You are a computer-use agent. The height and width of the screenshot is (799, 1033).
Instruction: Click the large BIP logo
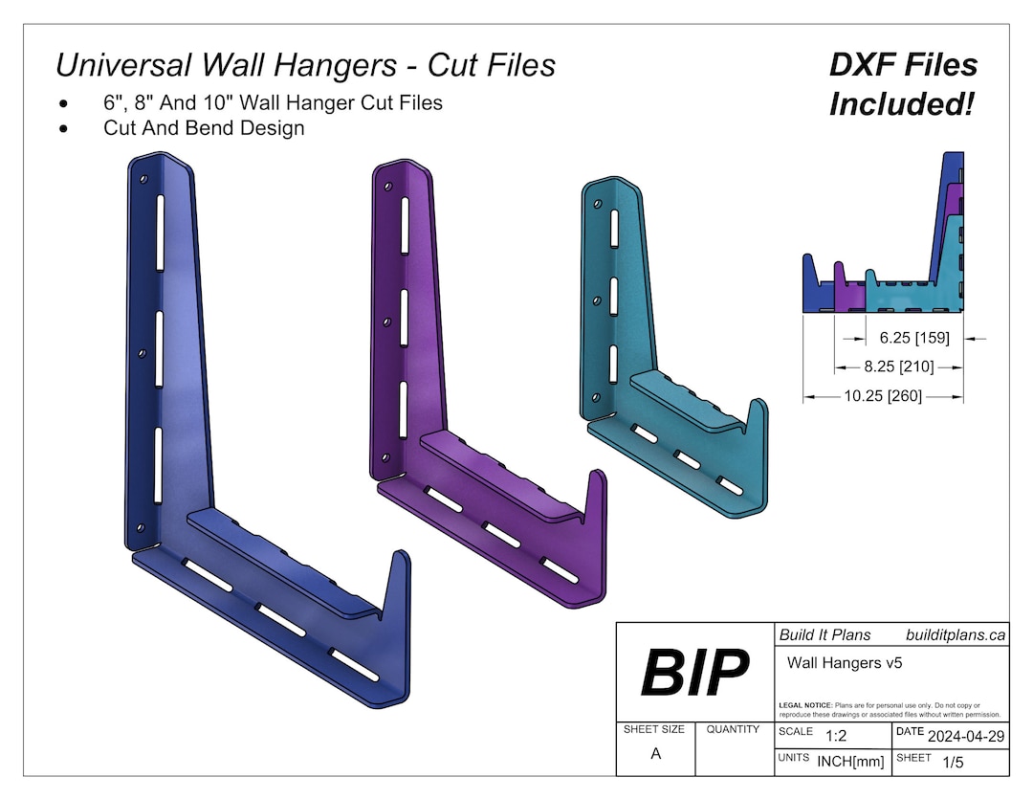pos(695,672)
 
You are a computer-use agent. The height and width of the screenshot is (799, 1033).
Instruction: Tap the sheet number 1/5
pos(953,763)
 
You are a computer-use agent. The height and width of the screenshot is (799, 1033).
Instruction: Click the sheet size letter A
pos(655,753)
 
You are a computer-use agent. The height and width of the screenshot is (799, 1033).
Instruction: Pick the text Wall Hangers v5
pos(845,661)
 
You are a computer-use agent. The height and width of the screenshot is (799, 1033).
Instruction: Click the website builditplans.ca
pos(955,634)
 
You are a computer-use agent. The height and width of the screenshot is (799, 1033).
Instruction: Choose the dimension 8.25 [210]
pos(899,366)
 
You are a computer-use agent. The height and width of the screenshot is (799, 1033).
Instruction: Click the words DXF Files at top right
pos(903,65)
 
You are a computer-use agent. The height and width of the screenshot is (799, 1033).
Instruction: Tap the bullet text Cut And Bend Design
pos(204,127)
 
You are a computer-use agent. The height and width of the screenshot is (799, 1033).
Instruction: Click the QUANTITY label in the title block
pos(733,729)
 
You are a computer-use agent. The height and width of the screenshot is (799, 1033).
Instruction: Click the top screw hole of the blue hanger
pos(143,179)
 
